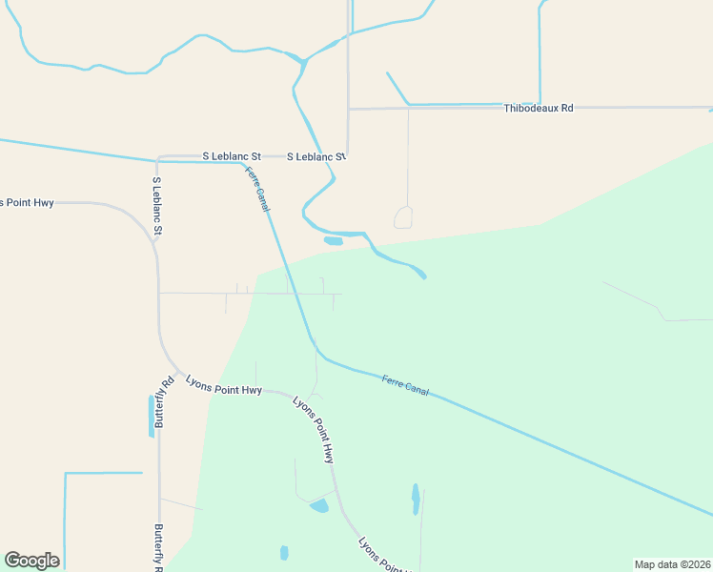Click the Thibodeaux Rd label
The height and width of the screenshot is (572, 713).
[x=539, y=109]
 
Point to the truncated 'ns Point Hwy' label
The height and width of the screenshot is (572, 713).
[x=27, y=203]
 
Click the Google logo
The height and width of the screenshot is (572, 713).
[x=31, y=561]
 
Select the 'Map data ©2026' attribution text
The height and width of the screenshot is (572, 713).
[x=672, y=564]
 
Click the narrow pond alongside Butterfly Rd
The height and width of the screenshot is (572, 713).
[x=151, y=417]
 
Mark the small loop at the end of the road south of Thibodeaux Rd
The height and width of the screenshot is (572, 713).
[x=403, y=217]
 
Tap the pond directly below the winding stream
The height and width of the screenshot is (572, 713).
[x=333, y=241]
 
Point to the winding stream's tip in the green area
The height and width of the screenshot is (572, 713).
[x=422, y=276]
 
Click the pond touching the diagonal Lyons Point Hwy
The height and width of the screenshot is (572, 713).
[x=319, y=505]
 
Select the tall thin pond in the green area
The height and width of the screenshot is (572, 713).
[x=415, y=498]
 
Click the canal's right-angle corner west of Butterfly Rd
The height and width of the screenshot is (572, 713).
[x=65, y=473]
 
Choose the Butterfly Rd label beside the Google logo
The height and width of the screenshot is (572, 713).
[x=159, y=546]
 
